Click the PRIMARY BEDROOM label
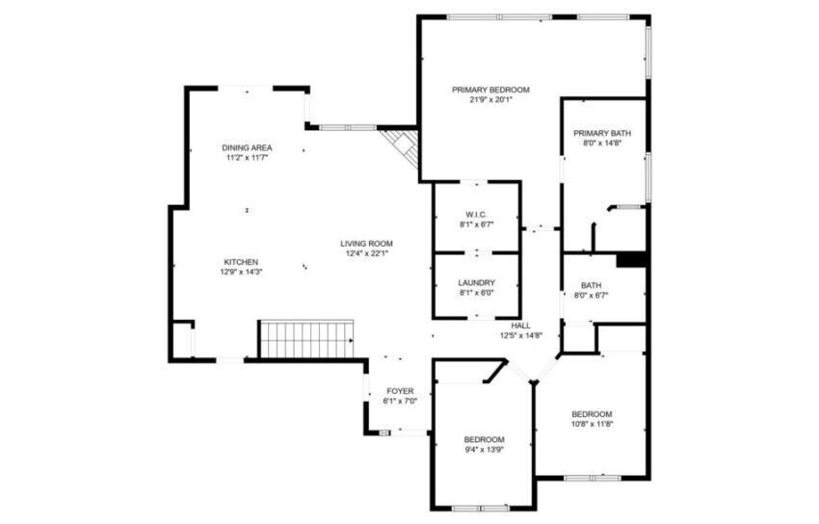[x=490, y=90]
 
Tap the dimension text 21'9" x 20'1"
[x=490, y=99]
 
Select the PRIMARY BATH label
[x=602, y=133]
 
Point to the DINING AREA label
[x=247, y=147]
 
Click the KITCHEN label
[x=241, y=262]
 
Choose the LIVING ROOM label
[x=366, y=243]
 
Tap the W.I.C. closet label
[x=476, y=214]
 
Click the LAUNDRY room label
[x=476, y=282]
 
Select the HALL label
[x=521, y=326]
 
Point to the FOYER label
[x=400, y=391]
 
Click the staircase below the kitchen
[x=306, y=339]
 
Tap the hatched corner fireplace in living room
[x=401, y=147]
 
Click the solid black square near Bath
[x=630, y=259]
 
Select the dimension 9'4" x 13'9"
[x=483, y=449]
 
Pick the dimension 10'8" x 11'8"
[x=592, y=423]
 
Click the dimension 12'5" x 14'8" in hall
[x=521, y=335]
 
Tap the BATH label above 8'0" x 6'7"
[x=591, y=285]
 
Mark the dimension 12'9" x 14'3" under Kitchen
[x=243, y=272]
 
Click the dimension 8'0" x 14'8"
[x=602, y=143]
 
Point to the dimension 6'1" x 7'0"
[x=400, y=401]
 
